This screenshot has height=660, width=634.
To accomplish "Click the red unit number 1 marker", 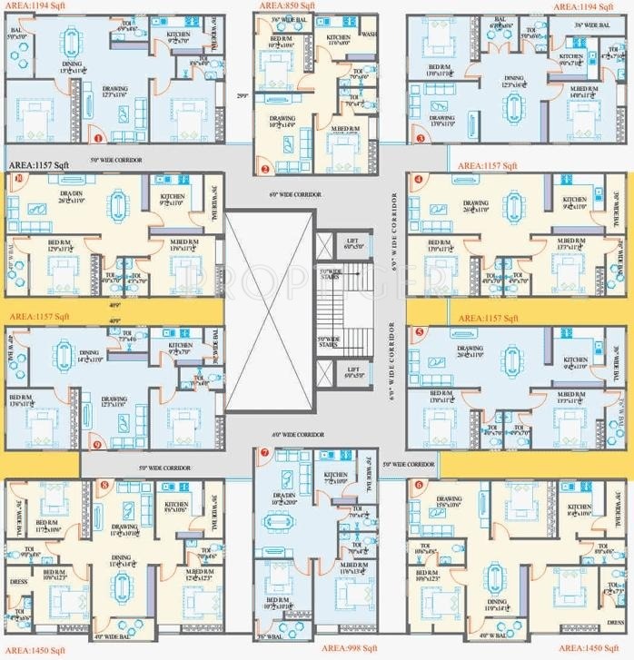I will click(x=98, y=138).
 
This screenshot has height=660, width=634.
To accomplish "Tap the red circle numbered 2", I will click(x=264, y=169).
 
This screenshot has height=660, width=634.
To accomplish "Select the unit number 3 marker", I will click(x=421, y=138).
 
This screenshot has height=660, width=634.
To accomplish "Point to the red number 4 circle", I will click(x=418, y=180).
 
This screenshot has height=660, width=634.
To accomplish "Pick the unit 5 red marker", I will click(x=418, y=332).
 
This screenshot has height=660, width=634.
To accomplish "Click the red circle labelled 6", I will click(x=418, y=485).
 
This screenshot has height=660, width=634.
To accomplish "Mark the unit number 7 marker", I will click(x=264, y=452).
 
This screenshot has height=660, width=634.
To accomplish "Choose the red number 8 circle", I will click(x=104, y=486).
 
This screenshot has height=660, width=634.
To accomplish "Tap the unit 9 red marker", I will click(x=98, y=444).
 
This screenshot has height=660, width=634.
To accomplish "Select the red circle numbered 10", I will click(x=16, y=179).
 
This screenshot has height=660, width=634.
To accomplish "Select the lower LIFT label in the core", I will click(x=353, y=369).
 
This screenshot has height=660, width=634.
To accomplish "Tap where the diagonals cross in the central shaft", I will click(x=270, y=309).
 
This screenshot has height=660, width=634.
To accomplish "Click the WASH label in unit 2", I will click(x=368, y=34).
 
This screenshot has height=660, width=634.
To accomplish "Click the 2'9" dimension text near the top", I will click(x=240, y=95).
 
